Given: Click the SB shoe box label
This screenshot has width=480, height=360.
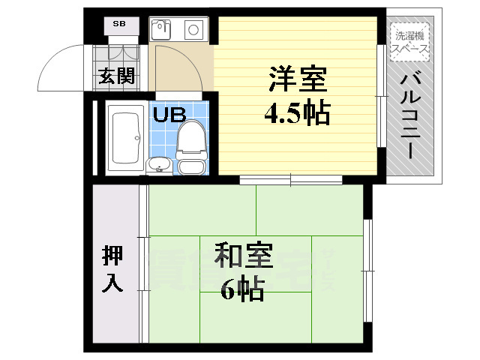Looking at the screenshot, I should coord(119,24).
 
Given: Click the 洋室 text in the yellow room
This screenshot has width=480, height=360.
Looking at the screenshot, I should coord(295,78).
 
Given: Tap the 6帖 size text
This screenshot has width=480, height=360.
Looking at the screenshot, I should coord(242,290).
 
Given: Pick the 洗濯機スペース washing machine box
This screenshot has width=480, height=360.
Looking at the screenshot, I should coord(410,41).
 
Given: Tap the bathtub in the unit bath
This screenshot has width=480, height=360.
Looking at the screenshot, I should coord(125,137).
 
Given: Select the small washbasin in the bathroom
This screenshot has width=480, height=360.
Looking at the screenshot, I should coord(158,164).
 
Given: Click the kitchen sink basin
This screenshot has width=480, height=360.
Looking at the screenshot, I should coord(161,30).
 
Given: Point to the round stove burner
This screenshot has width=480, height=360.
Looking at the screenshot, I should coord(193,31).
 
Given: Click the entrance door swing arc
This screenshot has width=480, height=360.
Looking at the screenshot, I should coord(64,64).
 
